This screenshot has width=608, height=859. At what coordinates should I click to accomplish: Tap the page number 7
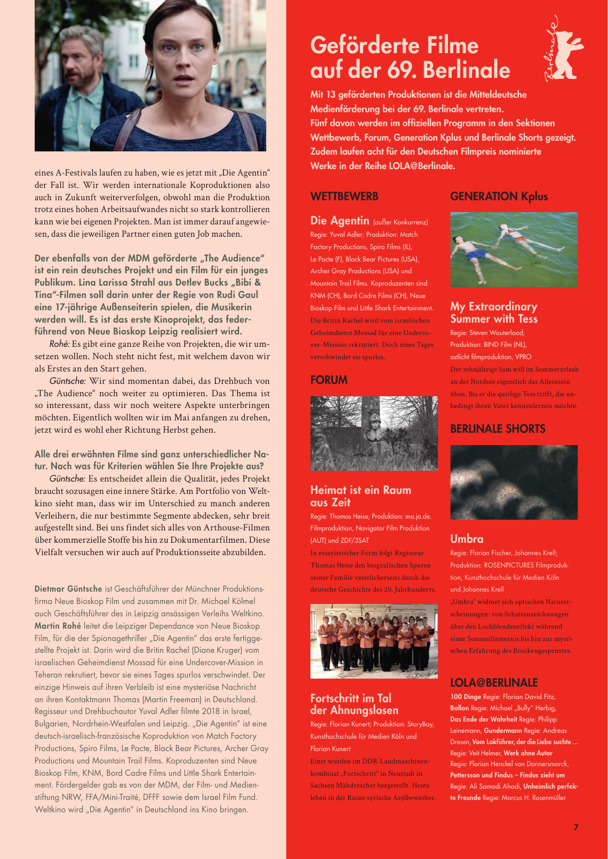(576, 827)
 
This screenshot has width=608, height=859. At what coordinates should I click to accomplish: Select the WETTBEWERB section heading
(344, 196)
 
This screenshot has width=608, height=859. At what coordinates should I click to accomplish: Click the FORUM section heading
(329, 380)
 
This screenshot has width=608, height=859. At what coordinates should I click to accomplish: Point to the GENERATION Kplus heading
(498, 196)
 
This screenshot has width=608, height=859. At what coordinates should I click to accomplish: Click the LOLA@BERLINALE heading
(494, 682)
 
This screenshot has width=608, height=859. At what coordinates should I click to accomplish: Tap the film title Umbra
(467, 539)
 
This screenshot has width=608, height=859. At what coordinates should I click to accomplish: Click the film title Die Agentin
(339, 221)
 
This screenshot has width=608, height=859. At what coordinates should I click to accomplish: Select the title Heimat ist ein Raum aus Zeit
(360, 496)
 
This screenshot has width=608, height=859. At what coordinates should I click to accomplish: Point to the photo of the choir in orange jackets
(374, 641)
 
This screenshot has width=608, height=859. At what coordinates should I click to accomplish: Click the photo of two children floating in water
(513, 250)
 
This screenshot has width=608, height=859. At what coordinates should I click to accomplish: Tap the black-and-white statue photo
(374, 433)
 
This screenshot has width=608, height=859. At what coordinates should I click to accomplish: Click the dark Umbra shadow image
(513, 482)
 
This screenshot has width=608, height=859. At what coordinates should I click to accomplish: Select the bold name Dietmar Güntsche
(68, 589)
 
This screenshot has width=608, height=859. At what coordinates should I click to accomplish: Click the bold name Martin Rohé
(58, 625)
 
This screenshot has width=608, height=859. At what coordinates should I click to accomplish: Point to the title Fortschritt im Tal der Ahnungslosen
(354, 704)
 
